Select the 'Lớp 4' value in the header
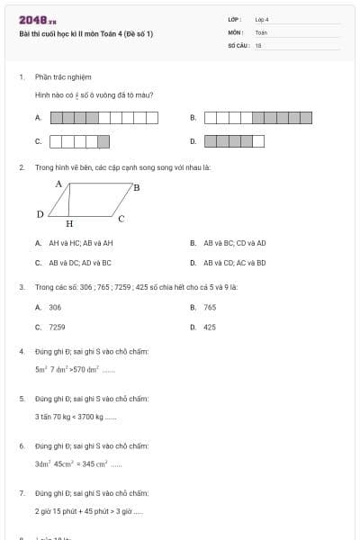click(x=262, y=19)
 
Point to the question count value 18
click(x=258, y=43)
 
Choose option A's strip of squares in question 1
click(x=103, y=117)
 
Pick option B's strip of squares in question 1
click(x=258, y=117)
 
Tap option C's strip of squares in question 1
click(x=79, y=141)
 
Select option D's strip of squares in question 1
click(x=235, y=141)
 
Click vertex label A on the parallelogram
click(x=58, y=184)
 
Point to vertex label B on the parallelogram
click(x=136, y=188)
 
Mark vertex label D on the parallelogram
click(x=40, y=214)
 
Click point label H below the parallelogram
click(x=69, y=223)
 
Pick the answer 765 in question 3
click(x=210, y=307)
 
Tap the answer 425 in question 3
click(x=210, y=328)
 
